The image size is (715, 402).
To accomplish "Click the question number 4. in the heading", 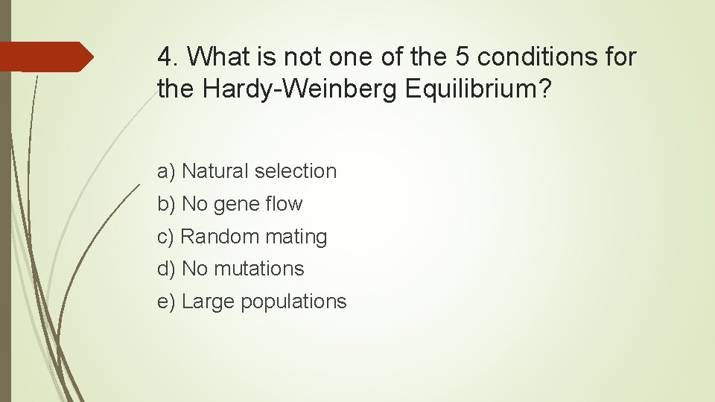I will pos(168,57).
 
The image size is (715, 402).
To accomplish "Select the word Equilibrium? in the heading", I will pos(479,89).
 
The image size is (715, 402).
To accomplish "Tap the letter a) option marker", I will pos(166,171).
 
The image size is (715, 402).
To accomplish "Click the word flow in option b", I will pos(287,204).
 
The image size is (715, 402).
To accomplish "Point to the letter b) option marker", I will pos(166,204).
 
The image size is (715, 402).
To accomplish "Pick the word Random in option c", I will pos(216,237).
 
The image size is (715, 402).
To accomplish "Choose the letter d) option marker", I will pos(166,269).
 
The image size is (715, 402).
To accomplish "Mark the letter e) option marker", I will pos(166,301).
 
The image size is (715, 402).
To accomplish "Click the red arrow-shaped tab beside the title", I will pos(45,57).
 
